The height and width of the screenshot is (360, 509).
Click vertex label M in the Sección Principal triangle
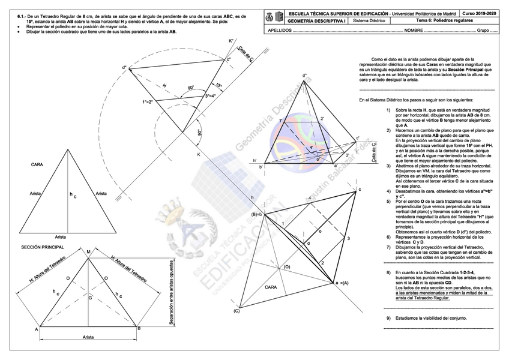(x=88, y=252)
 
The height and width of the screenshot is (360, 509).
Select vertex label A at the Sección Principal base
(x=36, y=329)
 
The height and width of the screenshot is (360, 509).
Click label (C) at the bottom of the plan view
(x=236, y=310)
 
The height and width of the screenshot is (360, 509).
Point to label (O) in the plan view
(x=287, y=266)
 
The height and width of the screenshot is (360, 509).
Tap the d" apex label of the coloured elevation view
(x=305, y=76)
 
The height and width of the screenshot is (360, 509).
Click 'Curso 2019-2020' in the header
(x=479, y=13)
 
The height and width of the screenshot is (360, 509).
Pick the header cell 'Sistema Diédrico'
(x=369, y=20)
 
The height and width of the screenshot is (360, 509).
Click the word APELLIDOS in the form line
(x=281, y=29)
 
